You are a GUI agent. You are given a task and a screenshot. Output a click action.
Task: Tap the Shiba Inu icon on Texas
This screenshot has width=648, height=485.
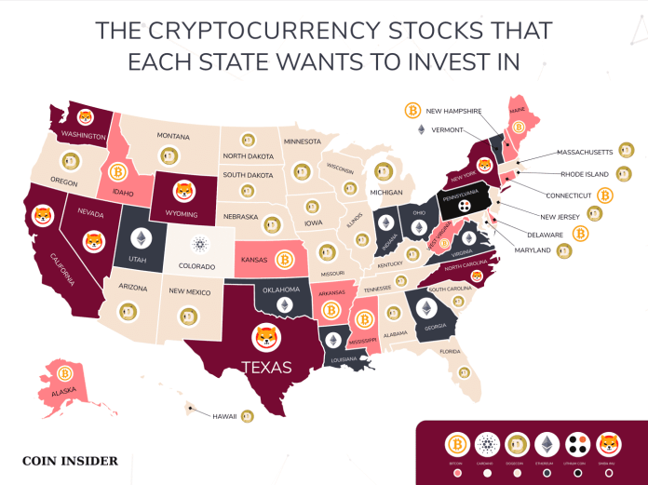point(266,338)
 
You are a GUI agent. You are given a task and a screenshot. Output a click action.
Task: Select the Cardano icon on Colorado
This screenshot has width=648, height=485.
point(198,245)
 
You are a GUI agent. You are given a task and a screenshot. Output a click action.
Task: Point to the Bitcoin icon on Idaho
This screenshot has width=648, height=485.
point(117,172)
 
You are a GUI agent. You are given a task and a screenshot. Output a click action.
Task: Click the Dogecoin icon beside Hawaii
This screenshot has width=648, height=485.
point(248,416)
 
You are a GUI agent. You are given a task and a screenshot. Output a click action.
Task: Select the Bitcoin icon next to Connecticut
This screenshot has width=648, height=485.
point(605,195)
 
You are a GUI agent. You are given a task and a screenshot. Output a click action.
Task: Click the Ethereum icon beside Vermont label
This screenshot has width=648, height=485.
point(420,129)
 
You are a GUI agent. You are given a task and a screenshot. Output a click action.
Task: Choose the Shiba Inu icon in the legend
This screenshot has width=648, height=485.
point(609,443)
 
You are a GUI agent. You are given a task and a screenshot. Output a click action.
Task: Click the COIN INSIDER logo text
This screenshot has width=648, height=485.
point(70,460)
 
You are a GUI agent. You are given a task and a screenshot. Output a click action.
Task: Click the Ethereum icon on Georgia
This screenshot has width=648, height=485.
point(429,308)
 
